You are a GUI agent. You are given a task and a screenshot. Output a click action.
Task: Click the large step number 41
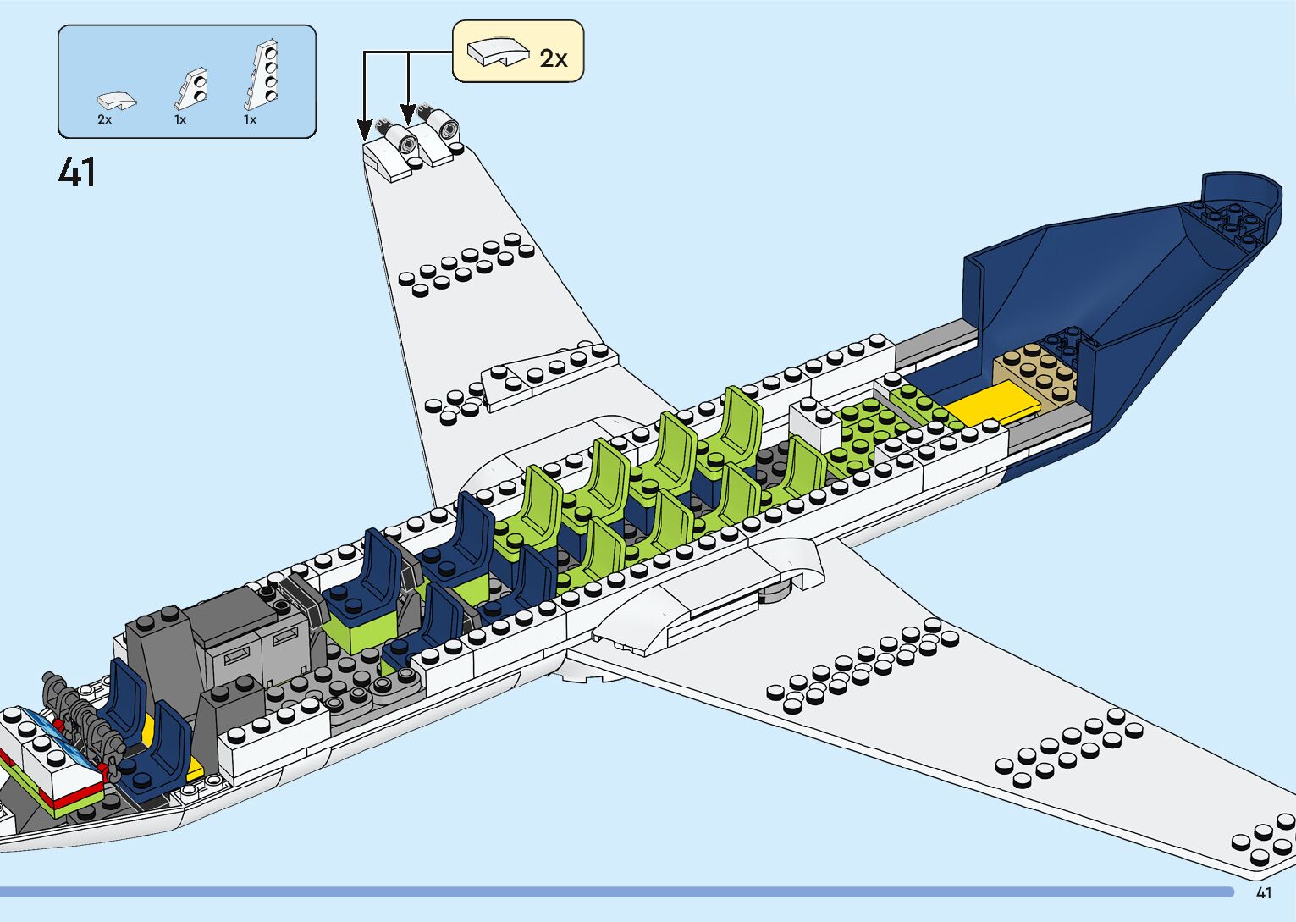coord(77,173)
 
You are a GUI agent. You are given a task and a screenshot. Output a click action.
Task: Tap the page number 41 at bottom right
coord(1264,892)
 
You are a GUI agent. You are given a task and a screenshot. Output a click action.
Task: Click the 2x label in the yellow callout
coord(554,58)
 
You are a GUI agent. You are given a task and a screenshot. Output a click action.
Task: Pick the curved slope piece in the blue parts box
coord(117,101)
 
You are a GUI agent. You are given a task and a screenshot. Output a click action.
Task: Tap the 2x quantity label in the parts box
coord(104,120)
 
